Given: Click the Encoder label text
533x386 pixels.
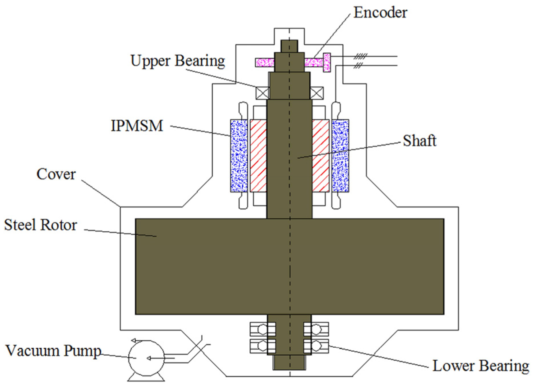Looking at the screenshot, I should [x=380, y=13].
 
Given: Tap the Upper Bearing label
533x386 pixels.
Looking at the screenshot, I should [x=177, y=61].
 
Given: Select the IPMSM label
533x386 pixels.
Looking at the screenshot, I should [x=137, y=126].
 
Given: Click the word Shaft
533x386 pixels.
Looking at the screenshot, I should [x=419, y=141].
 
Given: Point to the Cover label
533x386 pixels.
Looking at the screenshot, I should [x=56, y=174].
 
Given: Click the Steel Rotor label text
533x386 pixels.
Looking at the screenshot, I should [x=40, y=225].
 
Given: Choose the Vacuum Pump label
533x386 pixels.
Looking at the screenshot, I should [x=53, y=351].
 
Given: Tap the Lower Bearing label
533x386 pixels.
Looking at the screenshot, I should [x=481, y=366].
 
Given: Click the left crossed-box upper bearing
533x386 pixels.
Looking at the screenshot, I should [x=262, y=93].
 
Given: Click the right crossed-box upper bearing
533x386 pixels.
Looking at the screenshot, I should [x=317, y=93].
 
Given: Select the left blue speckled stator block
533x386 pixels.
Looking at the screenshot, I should [x=239, y=155].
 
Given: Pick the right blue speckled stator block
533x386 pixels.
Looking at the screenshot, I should [x=340, y=155].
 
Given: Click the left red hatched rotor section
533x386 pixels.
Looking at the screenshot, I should [x=258, y=155].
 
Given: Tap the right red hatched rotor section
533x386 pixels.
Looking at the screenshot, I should [x=321, y=155].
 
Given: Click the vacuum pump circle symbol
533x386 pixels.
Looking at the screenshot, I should [x=146, y=358].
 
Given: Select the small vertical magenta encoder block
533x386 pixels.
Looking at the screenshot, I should [x=327, y=62].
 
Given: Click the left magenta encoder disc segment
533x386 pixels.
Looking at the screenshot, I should [x=265, y=62].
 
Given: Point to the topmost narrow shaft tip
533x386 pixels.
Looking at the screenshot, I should [x=289, y=46].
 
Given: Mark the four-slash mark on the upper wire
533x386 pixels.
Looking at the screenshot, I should [x=360, y=56].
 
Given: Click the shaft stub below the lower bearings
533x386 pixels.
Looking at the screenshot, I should [x=289, y=363].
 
